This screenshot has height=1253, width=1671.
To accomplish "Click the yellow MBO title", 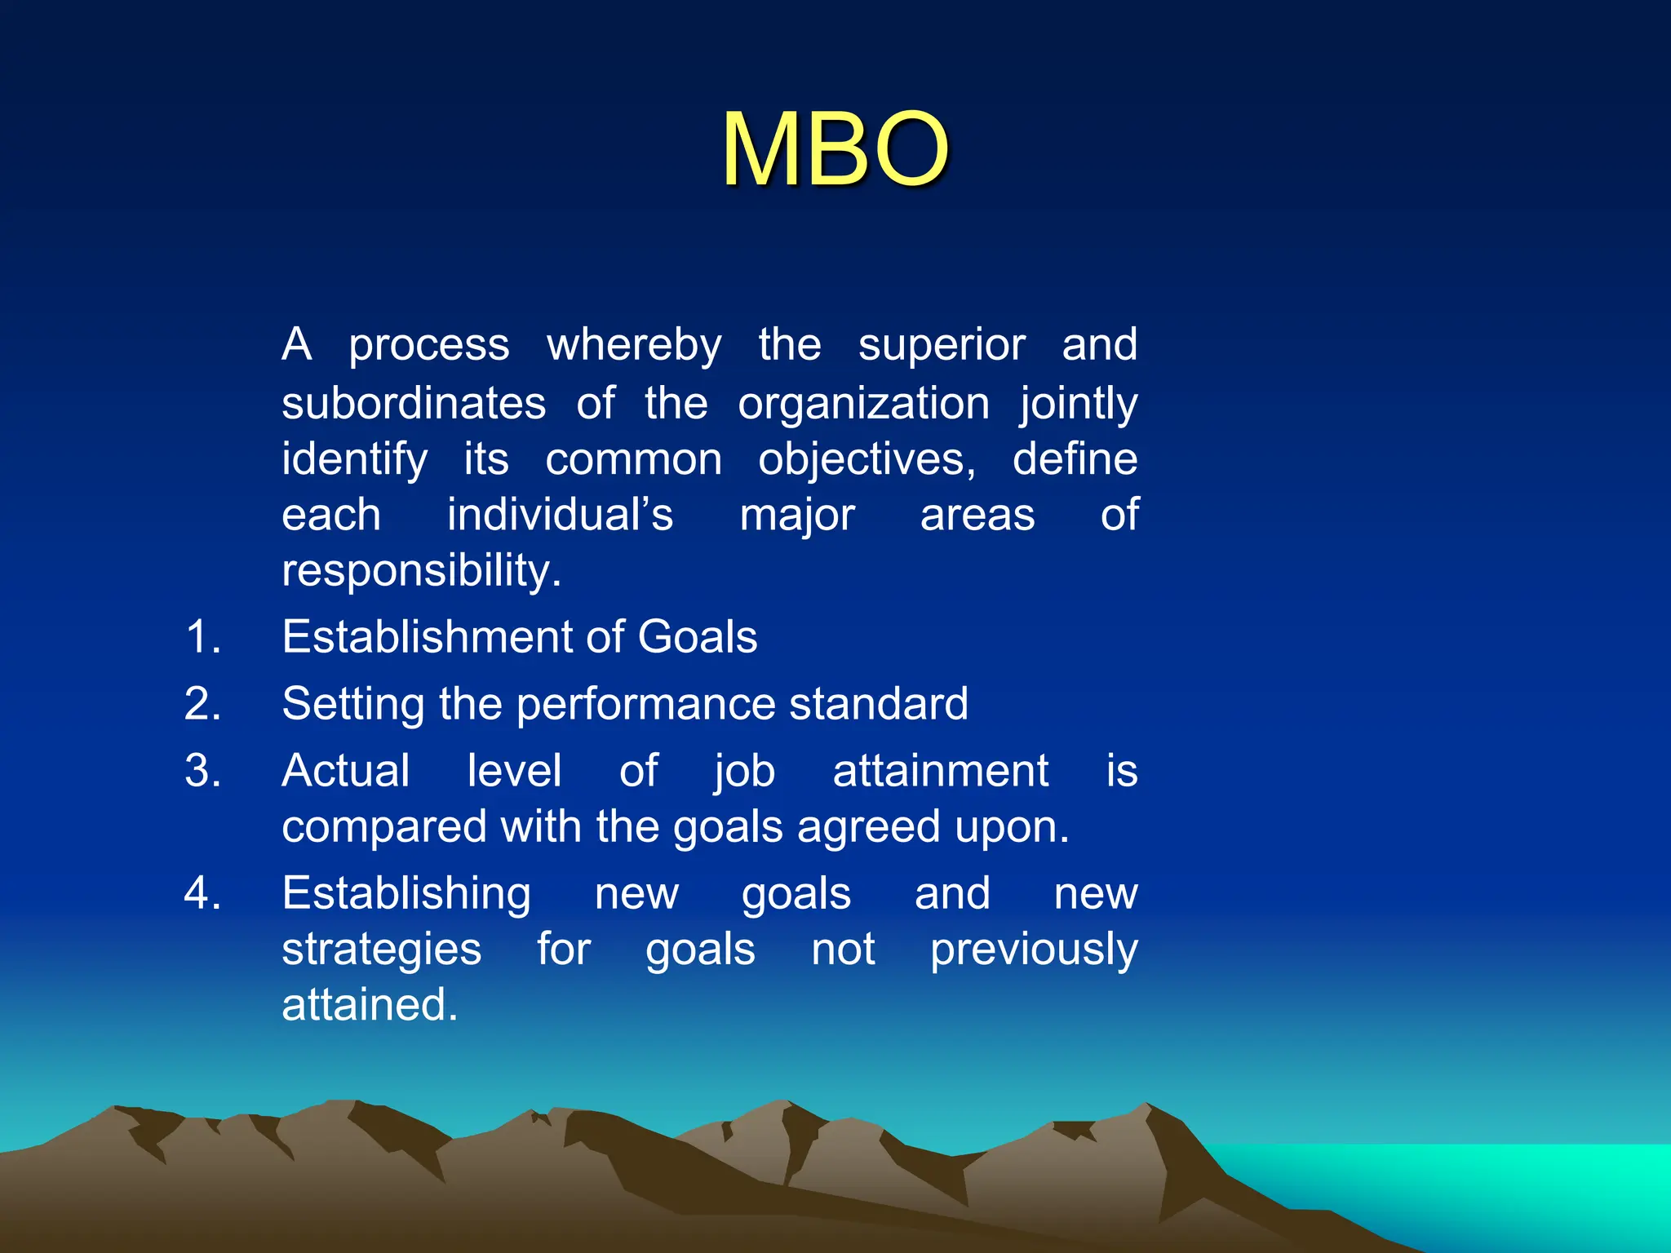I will click(835, 150).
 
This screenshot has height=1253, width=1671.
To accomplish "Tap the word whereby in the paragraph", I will click(634, 345).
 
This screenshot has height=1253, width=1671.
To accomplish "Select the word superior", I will click(941, 345).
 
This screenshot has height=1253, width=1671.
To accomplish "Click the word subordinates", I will click(414, 404).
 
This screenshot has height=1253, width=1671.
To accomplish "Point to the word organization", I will click(863, 404).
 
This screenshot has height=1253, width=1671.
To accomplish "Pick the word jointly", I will click(1078, 404).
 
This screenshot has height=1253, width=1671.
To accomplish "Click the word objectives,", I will click(867, 459).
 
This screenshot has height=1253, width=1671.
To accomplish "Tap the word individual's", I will click(560, 515).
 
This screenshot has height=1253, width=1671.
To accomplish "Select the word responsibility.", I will click(421, 570).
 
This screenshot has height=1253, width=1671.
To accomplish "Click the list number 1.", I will click(202, 636).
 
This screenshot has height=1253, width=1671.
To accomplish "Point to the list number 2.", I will click(202, 703).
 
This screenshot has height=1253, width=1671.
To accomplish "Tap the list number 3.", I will click(202, 770).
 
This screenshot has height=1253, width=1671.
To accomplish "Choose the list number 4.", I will click(202, 892).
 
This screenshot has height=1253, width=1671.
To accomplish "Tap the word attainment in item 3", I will click(940, 770).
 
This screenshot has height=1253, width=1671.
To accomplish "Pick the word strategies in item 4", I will click(381, 950).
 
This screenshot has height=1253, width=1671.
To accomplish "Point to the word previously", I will click(1034, 950).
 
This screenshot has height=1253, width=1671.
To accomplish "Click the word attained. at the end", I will click(370, 1004).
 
